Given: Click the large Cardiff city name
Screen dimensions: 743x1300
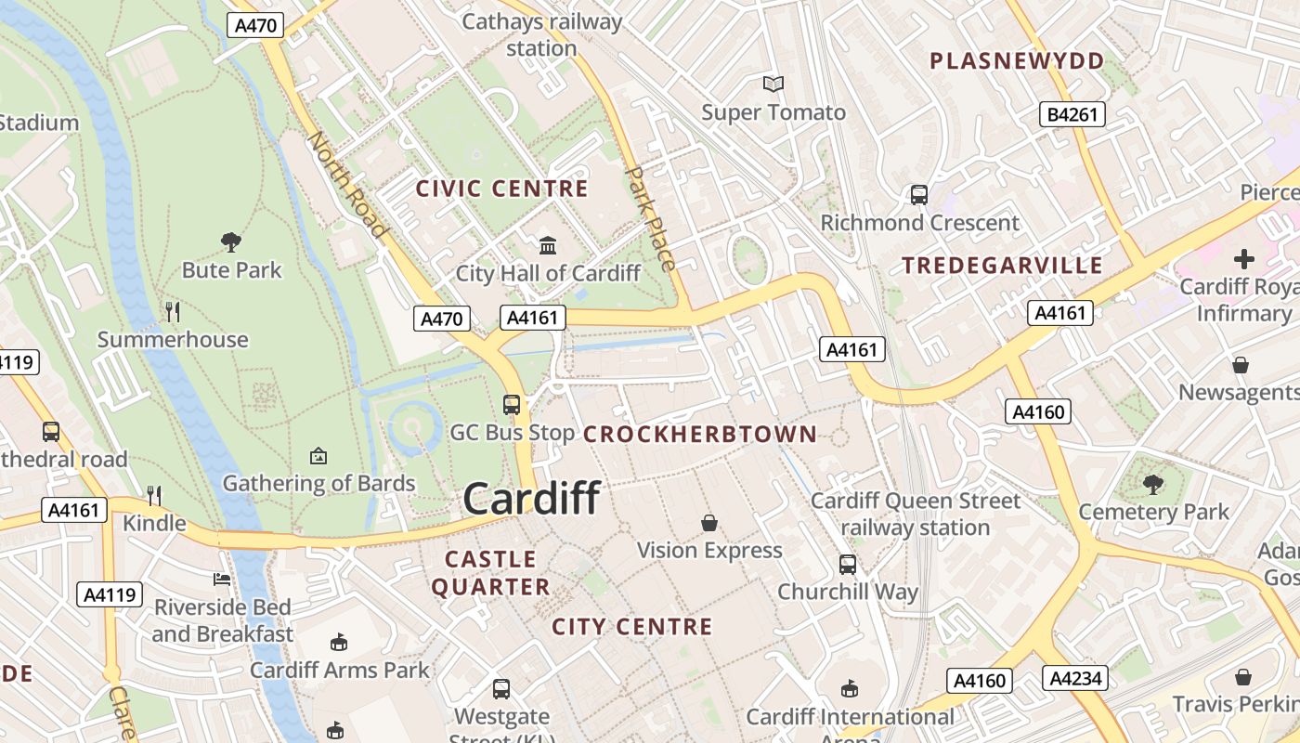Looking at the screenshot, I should [x=531, y=499].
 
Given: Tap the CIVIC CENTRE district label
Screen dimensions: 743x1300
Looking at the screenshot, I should [x=501, y=189].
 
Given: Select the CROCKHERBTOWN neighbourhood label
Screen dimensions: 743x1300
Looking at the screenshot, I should [x=700, y=434].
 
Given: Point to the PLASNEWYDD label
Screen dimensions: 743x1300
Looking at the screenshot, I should [x=1017, y=61].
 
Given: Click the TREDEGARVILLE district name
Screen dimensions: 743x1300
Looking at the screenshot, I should [x=1002, y=266].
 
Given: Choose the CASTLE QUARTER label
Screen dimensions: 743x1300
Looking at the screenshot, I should [x=490, y=573].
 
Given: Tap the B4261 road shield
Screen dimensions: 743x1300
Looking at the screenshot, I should [x=1072, y=114].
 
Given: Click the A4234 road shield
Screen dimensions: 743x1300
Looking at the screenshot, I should [x=1075, y=678].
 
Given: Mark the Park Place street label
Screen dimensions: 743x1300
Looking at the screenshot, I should [x=652, y=218].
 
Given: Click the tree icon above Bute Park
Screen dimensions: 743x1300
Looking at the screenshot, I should [x=231, y=242].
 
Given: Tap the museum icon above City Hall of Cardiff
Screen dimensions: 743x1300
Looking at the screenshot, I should [x=548, y=246].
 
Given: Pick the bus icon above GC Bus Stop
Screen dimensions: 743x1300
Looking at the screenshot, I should [x=512, y=405].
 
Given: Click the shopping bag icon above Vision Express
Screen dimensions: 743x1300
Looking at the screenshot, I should [x=709, y=523].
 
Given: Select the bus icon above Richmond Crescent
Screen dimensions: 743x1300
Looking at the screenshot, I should [x=919, y=195].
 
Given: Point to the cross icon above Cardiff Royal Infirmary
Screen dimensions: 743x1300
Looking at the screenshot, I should [x=1244, y=258].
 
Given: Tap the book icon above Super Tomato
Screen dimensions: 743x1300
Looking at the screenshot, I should [x=773, y=85].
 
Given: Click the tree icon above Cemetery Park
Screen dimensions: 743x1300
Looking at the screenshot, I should [x=1153, y=484].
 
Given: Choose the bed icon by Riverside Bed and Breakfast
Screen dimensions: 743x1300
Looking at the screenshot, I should [x=222, y=580].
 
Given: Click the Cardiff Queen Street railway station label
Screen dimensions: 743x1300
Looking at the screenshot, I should [x=916, y=515].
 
